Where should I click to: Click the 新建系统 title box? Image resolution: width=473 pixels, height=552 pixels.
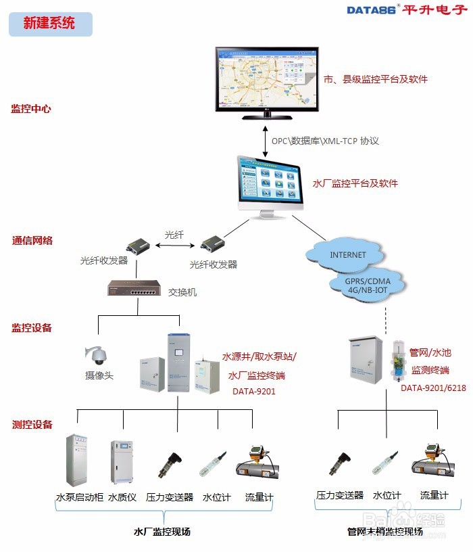click(x=49, y=24)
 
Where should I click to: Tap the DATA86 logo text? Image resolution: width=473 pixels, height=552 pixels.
click(x=372, y=9)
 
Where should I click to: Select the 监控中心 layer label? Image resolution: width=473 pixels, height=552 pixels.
click(x=30, y=108)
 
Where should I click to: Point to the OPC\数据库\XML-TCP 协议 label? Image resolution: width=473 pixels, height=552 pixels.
click(x=325, y=141)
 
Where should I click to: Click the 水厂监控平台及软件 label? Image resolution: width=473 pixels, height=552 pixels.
click(x=355, y=183)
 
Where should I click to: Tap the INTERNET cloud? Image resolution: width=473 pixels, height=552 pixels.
click(x=347, y=255)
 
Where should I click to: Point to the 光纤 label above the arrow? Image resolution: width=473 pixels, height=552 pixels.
click(x=174, y=235)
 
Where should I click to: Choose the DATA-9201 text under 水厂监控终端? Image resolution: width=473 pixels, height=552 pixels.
click(x=253, y=391)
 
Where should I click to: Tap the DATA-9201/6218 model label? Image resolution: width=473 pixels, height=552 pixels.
click(x=434, y=388)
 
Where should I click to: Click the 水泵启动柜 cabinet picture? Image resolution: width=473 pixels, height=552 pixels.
click(x=78, y=459)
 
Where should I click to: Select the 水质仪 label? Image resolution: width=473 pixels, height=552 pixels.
click(x=122, y=497)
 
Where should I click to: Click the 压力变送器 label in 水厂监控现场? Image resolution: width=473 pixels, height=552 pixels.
click(x=170, y=497)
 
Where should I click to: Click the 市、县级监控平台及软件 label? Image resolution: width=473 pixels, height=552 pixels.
click(x=376, y=79)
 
